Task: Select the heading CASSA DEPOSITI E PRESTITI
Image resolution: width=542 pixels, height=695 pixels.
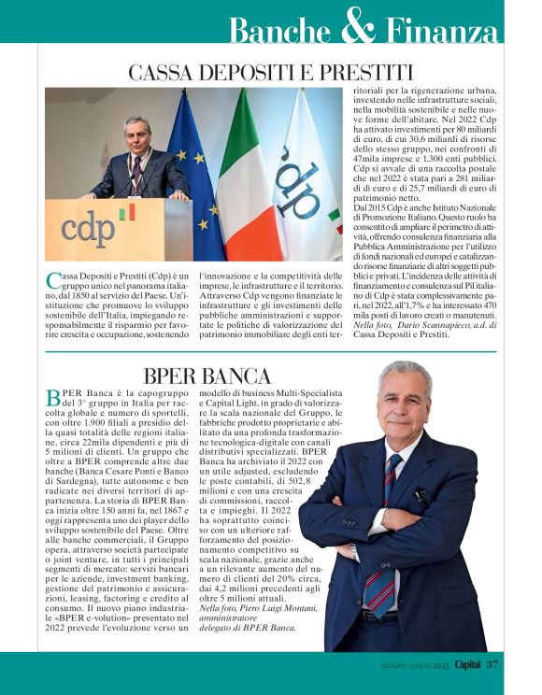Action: tap(270, 72)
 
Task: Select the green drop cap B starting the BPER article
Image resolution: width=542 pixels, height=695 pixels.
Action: tap(52, 398)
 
